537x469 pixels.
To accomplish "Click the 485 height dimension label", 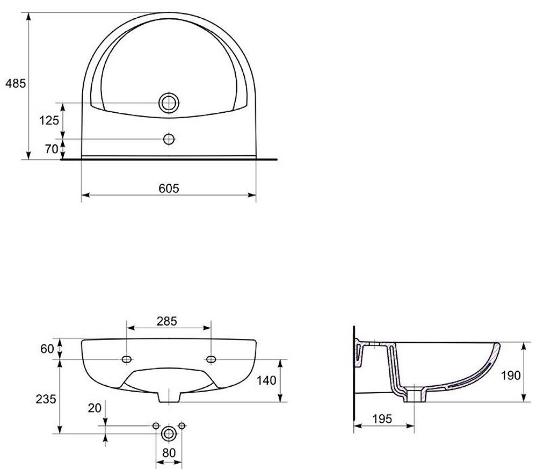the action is click(16, 83).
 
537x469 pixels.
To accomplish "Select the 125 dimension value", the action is click(49, 120).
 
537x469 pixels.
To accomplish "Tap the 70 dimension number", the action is click(52, 149).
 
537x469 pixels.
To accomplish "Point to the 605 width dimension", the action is click(169, 188).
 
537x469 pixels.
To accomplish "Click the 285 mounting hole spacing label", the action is click(167, 321).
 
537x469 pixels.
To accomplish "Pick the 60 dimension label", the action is click(47, 349).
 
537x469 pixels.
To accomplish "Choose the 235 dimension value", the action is click(46, 399).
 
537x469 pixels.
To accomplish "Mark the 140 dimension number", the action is click(266, 380).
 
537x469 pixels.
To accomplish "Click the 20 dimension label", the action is click(95, 408).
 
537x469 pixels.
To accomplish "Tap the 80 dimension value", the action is click(169, 453).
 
